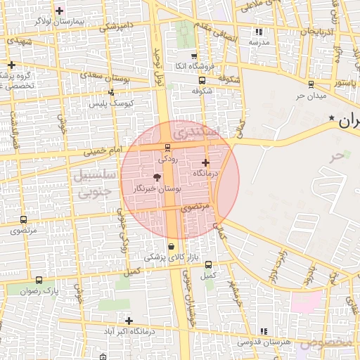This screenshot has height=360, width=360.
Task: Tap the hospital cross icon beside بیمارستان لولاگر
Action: coord(59,11)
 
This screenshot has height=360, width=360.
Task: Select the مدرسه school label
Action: coord(259,41)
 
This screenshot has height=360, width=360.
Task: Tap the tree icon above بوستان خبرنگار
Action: coord(157,178)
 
